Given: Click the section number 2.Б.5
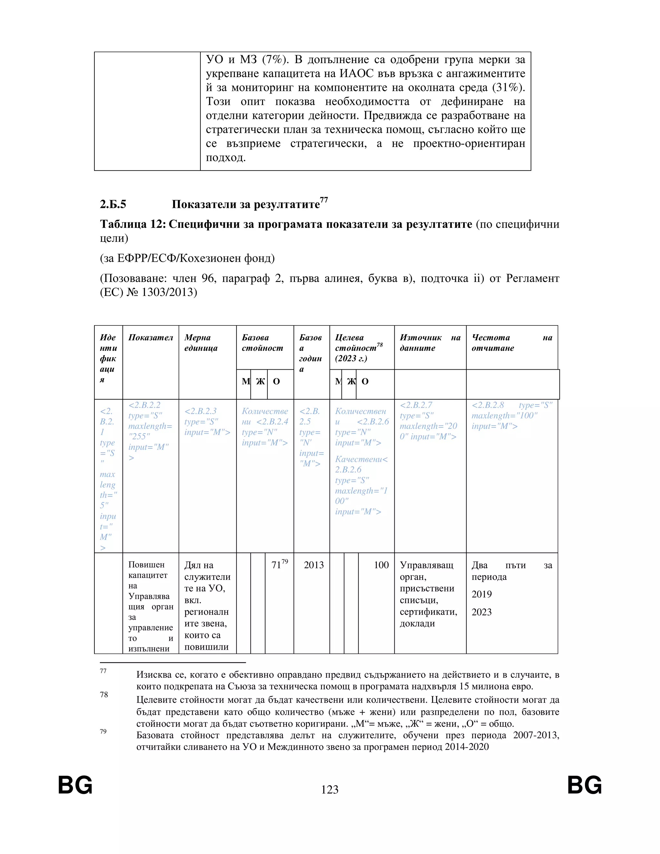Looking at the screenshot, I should [113, 204].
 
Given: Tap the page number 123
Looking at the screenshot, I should [330, 790].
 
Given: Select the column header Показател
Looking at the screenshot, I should [150, 337].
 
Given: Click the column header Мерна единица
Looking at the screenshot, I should [201, 343].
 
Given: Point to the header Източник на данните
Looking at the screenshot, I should [430, 343].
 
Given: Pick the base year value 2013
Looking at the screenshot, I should [314, 565].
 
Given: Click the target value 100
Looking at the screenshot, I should [381, 565].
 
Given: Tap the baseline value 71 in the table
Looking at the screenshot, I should [276, 565].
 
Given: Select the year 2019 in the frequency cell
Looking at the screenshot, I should [481, 594].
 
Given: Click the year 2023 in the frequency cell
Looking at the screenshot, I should [481, 612].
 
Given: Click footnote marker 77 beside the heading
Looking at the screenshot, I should [324, 200].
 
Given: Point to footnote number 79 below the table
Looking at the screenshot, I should [103, 731].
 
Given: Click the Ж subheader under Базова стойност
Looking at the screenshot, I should [260, 381].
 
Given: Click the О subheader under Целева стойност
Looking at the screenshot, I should [365, 381].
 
